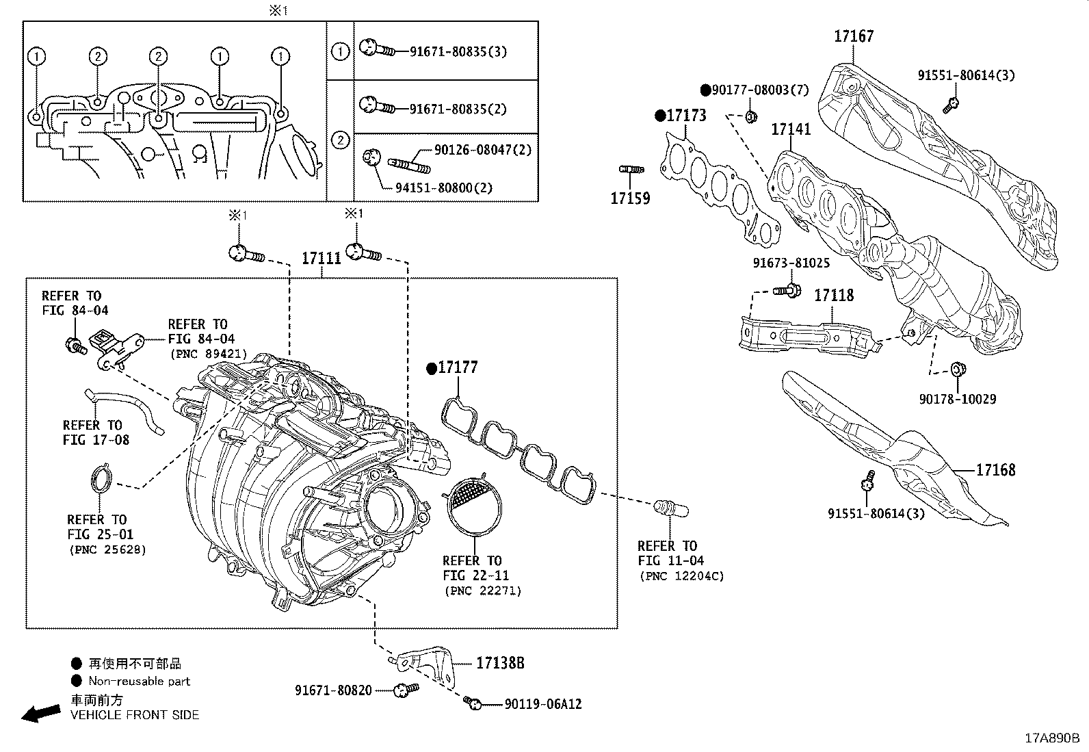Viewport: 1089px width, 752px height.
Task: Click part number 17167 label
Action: tap(853, 36)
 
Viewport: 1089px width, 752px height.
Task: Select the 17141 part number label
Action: tap(791, 129)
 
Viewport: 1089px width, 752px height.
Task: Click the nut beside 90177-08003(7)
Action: tap(750, 117)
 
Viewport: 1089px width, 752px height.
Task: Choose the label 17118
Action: tap(833, 296)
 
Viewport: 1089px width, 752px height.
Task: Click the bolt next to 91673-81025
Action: tap(787, 291)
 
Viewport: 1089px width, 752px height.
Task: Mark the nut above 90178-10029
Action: tap(957, 371)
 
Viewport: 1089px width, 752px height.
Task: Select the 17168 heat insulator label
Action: tap(995, 470)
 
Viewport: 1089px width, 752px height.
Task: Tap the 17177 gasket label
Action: tap(458, 368)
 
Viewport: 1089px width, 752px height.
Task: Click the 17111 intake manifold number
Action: tap(322, 259)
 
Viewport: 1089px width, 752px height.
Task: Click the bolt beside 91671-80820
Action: tap(405, 690)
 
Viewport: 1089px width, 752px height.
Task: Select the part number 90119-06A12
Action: tap(543, 704)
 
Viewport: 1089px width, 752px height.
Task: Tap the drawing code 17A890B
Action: tap(1051, 738)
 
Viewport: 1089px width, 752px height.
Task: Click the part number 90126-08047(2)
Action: tap(482, 149)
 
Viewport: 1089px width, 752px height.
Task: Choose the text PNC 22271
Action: tap(482, 591)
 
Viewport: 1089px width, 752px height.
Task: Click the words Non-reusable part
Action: tap(140, 681)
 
